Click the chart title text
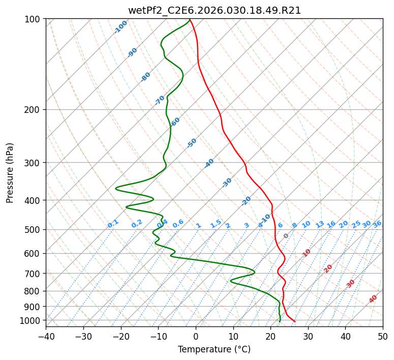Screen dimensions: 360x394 point(214,10)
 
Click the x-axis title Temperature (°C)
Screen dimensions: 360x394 point(214,349)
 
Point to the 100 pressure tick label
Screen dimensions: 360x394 point(33,19)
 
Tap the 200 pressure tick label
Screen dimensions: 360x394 point(33,110)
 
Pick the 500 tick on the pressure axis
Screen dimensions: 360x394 point(33,230)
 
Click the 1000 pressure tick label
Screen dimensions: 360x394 point(31,320)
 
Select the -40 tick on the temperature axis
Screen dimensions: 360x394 point(46,336)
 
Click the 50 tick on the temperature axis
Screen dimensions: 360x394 point(383,336)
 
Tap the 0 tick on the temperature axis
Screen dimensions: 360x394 point(196,336)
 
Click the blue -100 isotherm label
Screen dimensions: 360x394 point(121,27)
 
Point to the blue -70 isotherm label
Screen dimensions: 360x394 point(160,100)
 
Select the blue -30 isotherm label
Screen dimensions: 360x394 point(227,183)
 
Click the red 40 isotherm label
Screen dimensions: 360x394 point(373,299)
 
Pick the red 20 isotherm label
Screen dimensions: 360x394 point(328,268)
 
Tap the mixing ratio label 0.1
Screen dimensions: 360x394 point(113,224)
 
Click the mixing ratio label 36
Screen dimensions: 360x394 point(377,224)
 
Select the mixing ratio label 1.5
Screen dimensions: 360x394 point(216,223)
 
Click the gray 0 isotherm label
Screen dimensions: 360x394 point(286,236)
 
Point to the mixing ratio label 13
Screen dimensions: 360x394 point(320,224)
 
